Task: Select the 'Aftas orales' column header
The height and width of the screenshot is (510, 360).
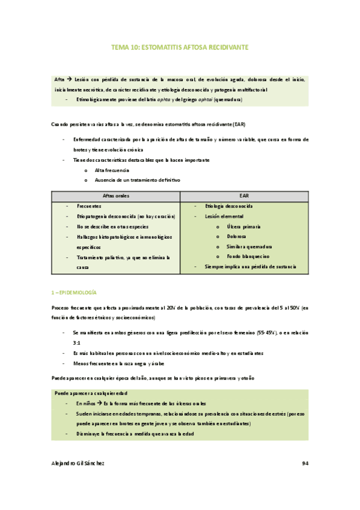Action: coord(116,195)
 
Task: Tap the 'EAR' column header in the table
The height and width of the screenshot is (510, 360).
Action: coord(244,195)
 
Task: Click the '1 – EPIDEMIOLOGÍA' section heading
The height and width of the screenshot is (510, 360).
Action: coord(73,292)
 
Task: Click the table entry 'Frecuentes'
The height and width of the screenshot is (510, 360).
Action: coord(89,206)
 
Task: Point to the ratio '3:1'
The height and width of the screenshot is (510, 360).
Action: coord(77,342)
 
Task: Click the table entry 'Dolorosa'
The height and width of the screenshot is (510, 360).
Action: coord(240,236)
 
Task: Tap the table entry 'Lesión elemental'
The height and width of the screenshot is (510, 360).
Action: coord(224,215)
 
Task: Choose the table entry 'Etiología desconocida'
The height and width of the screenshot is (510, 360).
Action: coord(229,206)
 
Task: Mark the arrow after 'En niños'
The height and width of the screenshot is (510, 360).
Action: coord(100,404)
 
